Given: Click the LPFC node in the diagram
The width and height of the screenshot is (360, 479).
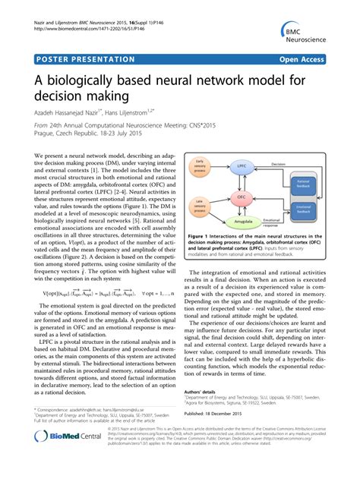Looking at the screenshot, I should coord(242,165).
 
